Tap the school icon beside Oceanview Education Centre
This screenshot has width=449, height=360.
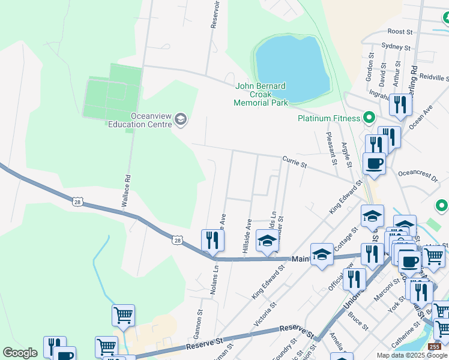coord(180,120)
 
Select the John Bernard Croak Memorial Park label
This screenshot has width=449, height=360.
coord(261,94)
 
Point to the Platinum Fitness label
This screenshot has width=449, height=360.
coord(329,118)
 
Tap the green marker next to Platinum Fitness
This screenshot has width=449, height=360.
coord(370,118)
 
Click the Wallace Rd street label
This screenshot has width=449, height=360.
coord(126,191)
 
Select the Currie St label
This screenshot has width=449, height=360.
coord(295,161)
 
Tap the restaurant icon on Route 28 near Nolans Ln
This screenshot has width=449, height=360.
coord(212,241)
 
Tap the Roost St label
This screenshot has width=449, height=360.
coord(400,31)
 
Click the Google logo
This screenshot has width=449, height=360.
coord(20,353)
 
